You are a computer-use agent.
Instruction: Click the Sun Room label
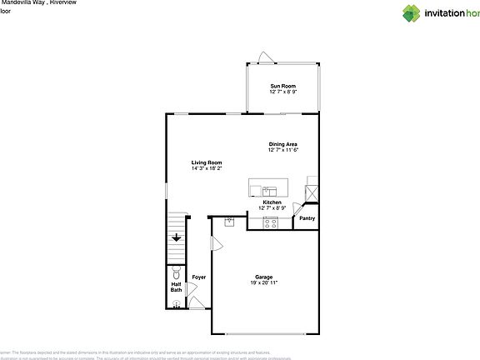pyautogui.click(x=282, y=87)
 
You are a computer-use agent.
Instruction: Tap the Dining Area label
pyautogui.click(x=282, y=144)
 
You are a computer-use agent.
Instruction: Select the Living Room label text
pyautogui.click(x=206, y=162)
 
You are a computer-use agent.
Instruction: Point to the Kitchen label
pyautogui.click(x=272, y=202)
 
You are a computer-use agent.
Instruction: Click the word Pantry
pyautogui.click(x=307, y=218)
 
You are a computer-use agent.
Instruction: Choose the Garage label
pyautogui.click(x=263, y=277)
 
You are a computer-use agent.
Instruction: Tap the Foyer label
pyautogui.click(x=199, y=277)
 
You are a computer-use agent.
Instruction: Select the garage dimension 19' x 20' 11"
pyautogui.click(x=263, y=283)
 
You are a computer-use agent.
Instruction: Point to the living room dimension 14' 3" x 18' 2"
pyautogui.click(x=206, y=168)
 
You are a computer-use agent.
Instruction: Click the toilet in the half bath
pyautogui.click(x=176, y=273)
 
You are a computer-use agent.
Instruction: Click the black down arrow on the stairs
pyautogui.click(x=177, y=238)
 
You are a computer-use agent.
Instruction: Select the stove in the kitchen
pyautogui.click(x=272, y=222)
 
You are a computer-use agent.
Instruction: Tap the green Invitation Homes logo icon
pyautogui.click(x=412, y=12)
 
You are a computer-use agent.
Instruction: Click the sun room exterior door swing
pyautogui.click(x=264, y=56)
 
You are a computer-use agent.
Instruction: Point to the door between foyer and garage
pyautogui.click(x=216, y=244)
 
